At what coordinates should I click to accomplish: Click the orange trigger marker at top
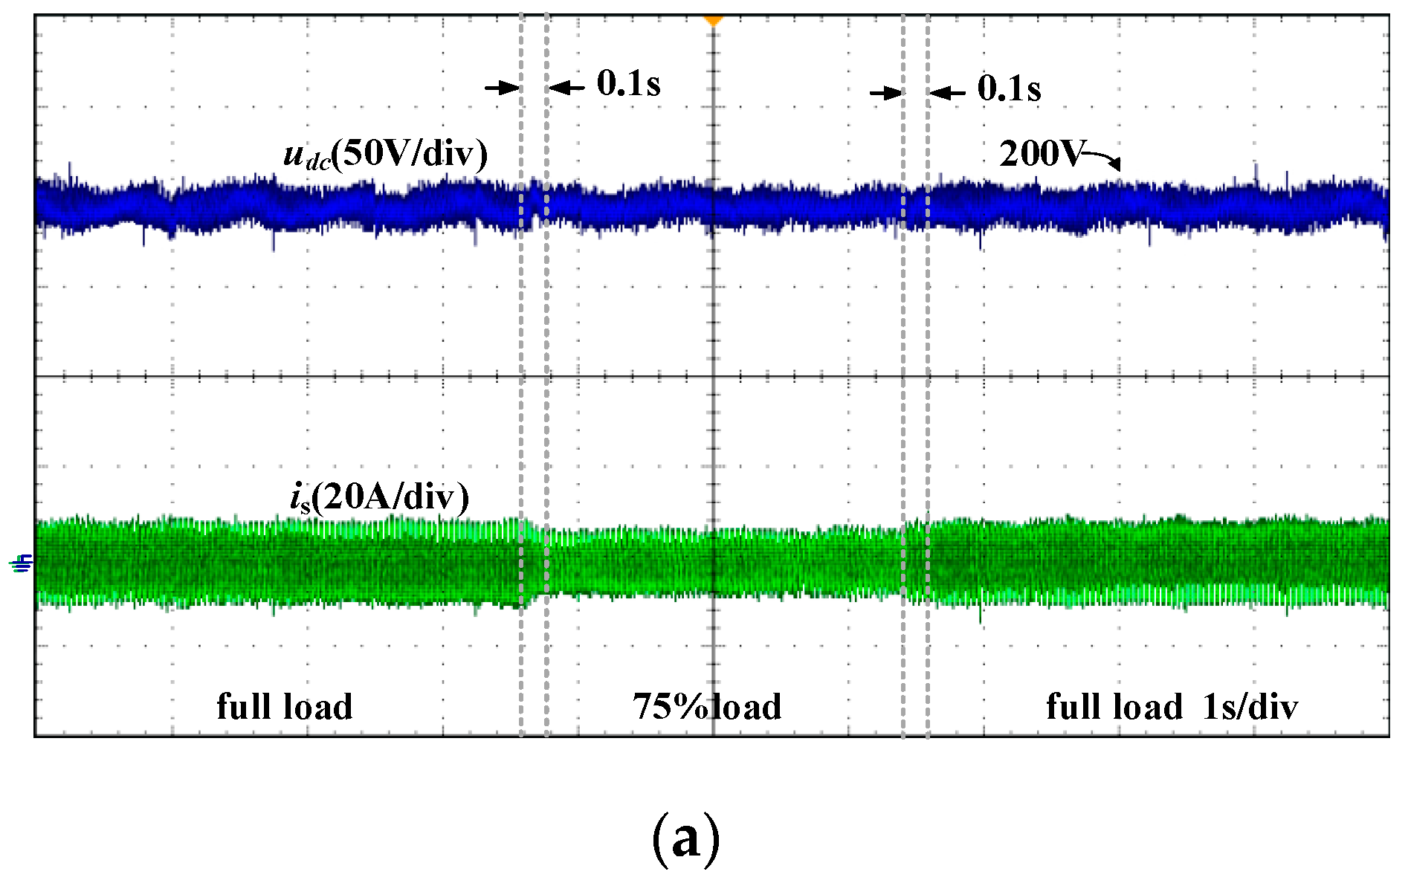[713, 21]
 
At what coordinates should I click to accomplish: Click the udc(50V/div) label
[385, 155]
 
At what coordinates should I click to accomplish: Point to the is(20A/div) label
[379, 497]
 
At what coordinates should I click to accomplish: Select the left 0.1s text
[628, 84]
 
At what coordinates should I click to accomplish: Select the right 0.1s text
[1008, 88]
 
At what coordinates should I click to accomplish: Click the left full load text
[285, 706]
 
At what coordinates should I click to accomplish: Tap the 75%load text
[707, 706]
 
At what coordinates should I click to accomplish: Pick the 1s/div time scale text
[1250, 706]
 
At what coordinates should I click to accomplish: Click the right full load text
[1114, 706]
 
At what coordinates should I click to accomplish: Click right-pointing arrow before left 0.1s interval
[503, 88]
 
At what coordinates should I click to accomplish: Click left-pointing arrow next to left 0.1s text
[566, 88]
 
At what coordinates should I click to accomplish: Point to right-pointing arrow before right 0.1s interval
[886, 94]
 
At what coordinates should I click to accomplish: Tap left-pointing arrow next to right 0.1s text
[947, 94]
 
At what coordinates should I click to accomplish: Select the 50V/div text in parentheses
[409, 155]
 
